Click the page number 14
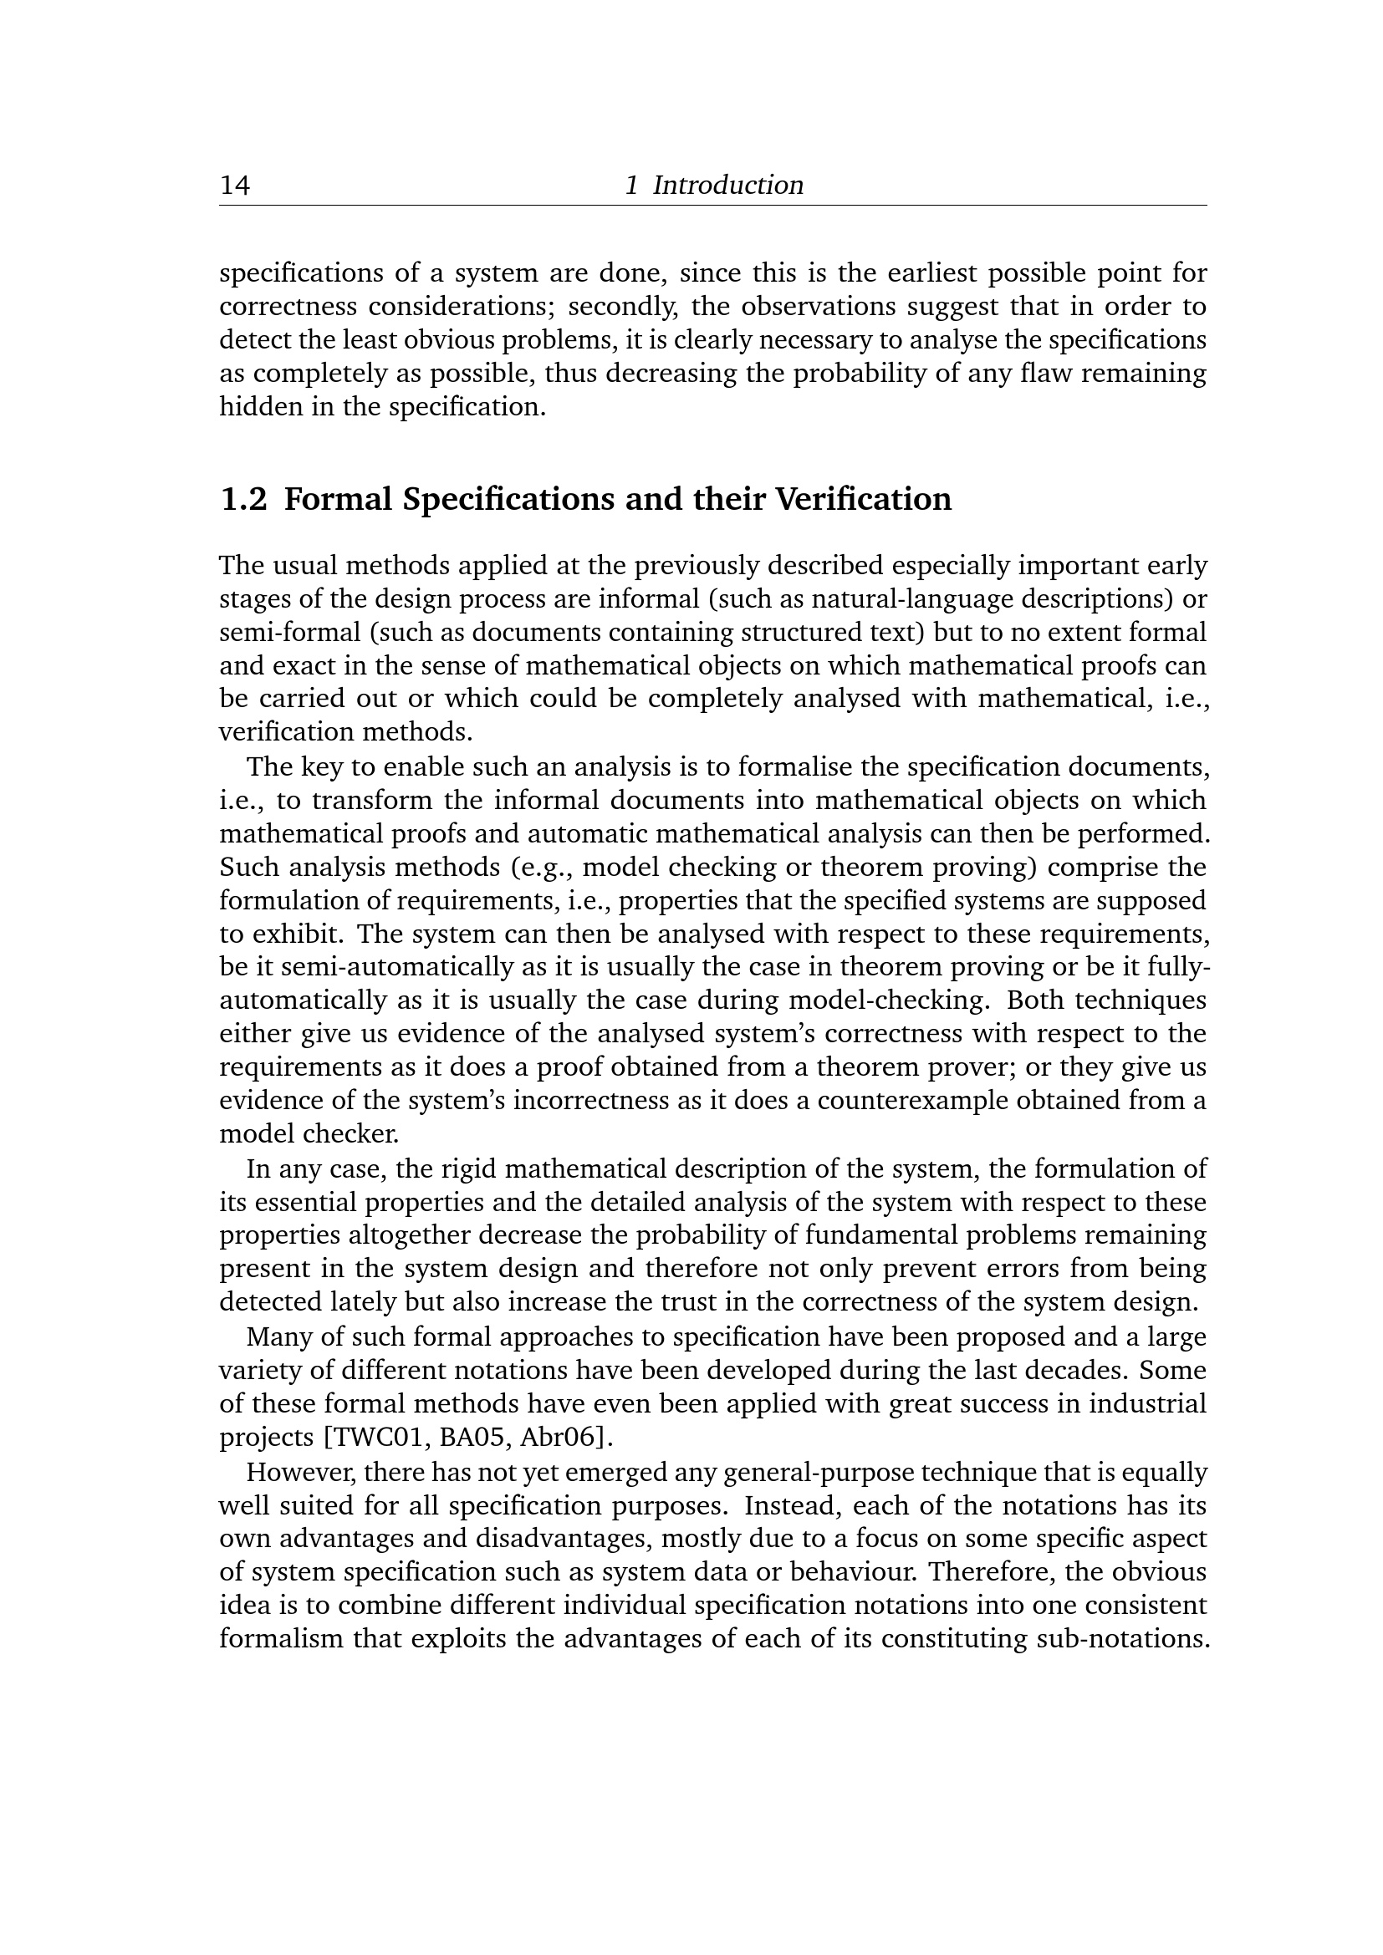click(235, 185)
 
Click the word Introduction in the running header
click(728, 185)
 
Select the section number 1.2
click(243, 499)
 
